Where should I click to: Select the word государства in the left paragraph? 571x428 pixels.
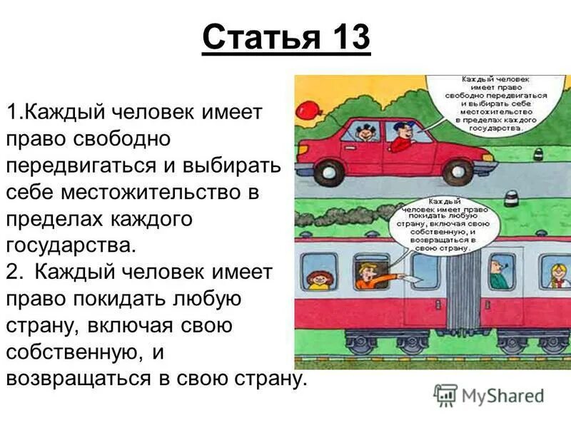pos(69,245)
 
